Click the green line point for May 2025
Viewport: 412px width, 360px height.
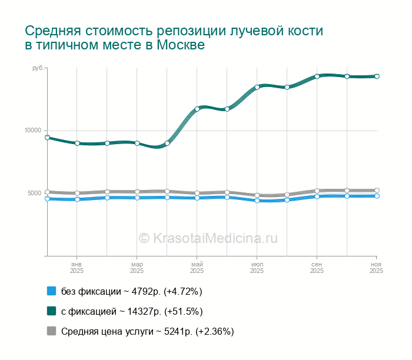tap(197, 109)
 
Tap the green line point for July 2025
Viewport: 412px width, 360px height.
tap(257, 87)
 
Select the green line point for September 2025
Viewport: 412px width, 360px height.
tap(317, 76)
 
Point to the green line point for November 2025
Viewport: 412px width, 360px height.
tap(377, 76)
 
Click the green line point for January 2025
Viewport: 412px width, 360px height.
tap(77, 143)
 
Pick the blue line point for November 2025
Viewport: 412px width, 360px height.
tap(377, 196)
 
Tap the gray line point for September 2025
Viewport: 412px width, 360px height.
tap(317, 191)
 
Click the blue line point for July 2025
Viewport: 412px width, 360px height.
tap(257, 201)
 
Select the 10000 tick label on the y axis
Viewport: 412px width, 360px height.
tap(32, 131)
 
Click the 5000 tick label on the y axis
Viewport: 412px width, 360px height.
tap(34, 193)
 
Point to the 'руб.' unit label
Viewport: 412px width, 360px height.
tap(38, 69)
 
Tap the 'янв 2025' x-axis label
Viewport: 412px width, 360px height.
tap(77, 268)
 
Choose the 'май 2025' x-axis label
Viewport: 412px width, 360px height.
tap(197, 268)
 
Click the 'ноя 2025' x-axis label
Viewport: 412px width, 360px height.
tap(377, 268)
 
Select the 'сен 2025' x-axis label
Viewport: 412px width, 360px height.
tap(317, 268)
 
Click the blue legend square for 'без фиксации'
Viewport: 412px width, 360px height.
tap(51, 291)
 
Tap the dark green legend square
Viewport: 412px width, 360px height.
tap(51, 311)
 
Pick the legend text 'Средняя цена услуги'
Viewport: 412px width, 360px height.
tap(107, 331)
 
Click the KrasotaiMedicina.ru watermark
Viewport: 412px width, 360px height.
tap(208, 238)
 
